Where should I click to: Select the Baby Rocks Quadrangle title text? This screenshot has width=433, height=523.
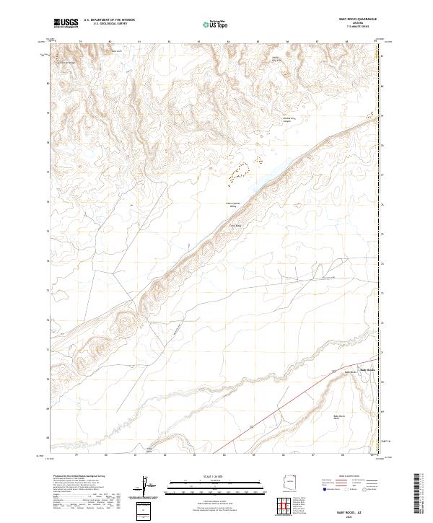[354, 19]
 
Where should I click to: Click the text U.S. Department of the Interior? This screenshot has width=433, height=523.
[109, 20]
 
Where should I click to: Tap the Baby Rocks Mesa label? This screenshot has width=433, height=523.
[339, 417]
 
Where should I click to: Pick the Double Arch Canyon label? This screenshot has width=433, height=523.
[269, 120]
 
